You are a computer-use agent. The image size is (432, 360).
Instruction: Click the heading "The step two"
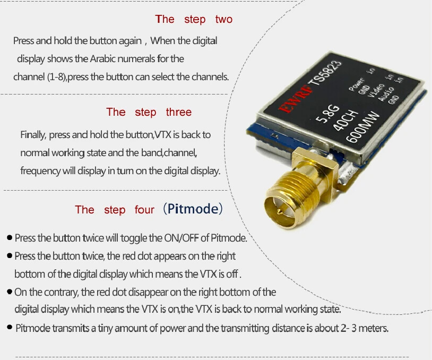(194, 20)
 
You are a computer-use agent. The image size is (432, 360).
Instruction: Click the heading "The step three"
(149, 112)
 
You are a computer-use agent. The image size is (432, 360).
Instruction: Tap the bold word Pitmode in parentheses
(192, 209)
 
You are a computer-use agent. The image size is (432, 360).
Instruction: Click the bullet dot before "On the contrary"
(10, 292)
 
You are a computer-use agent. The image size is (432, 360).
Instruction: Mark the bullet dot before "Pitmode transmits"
(10, 328)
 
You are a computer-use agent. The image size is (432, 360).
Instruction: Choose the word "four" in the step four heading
(144, 210)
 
